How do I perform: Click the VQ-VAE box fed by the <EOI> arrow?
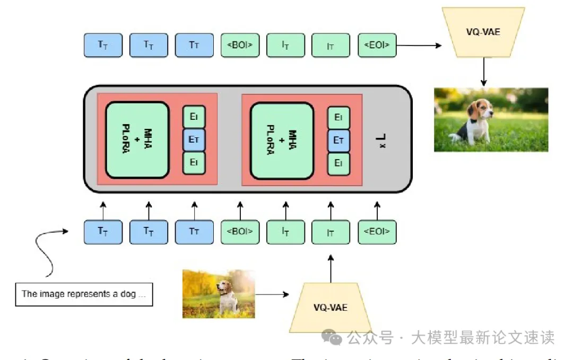pyautogui.click(x=483, y=32)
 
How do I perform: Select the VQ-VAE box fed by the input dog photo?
pyautogui.click(x=330, y=308)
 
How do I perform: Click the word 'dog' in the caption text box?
pyautogui.click(x=128, y=294)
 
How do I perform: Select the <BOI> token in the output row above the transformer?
pyautogui.click(x=240, y=46)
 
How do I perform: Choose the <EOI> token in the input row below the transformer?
pyautogui.click(x=377, y=232)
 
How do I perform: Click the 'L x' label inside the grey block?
pyautogui.click(x=381, y=141)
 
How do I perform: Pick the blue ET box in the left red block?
pyautogui.click(x=194, y=140)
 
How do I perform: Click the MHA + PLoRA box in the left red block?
pyautogui.click(x=137, y=140)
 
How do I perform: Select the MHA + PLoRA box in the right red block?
pyautogui.click(x=282, y=141)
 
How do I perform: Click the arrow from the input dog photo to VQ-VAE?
pyautogui.click(x=272, y=294)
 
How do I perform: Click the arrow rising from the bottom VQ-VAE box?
pyautogui.click(x=331, y=268)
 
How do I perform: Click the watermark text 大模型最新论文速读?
pyautogui.click(x=482, y=337)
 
